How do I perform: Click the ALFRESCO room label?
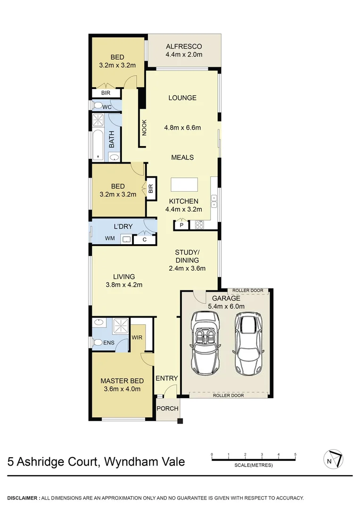tap(184, 47)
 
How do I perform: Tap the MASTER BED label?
tap(122, 381)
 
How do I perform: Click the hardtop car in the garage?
tap(248, 343)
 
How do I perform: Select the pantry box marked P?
tap(180, 225)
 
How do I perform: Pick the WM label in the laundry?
tap(110, 239)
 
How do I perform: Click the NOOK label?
tap(144, 127)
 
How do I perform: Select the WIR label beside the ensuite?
tap(137, 337)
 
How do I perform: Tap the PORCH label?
tap(167, 408)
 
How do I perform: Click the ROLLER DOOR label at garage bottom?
tap(229, 395)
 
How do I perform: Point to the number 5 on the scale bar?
tap(295, 454)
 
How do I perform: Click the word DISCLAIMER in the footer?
tap(23, 498)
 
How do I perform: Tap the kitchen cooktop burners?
tap(199, 225)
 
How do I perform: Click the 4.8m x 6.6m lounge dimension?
tap(182, 127)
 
